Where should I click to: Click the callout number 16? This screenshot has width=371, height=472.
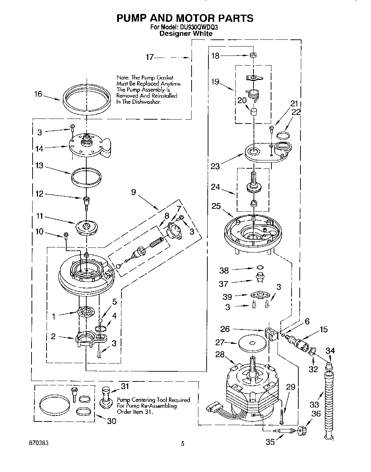(x=38, y=94)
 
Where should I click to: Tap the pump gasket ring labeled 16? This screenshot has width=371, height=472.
(x=86, y=104)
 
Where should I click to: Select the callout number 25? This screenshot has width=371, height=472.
(x=216, y=206)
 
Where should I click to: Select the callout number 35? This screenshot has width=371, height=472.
(x=270, y=442)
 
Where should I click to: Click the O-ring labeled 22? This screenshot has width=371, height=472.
(x=284, y=135)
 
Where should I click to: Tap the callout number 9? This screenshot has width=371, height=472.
(x=134, y=192)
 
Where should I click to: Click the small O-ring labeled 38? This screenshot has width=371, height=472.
(x=259, y=267)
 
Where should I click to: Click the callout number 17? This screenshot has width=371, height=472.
(x=150, y=57)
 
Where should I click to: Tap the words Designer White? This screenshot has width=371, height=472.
(x=185, y=34)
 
